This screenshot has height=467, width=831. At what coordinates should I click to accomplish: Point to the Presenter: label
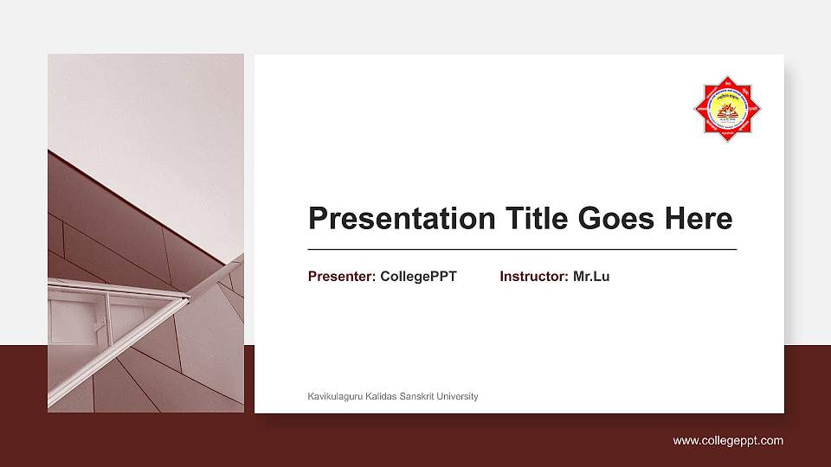coord(342,277)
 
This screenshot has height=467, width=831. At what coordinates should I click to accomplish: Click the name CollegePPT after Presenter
coord(418,277)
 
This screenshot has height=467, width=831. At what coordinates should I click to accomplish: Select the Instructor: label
coord(534,277)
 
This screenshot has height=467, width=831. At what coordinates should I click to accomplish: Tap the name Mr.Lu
coord(591,277)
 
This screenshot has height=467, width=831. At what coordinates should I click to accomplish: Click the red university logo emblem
coord(728,108)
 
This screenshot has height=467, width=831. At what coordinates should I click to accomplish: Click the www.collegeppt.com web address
coord(728,441)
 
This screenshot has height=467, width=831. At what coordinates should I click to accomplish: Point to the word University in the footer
coord(458,397)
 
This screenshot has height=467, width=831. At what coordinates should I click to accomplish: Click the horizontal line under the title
coord(522,249)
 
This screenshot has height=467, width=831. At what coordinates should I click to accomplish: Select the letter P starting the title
coord(319,219)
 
